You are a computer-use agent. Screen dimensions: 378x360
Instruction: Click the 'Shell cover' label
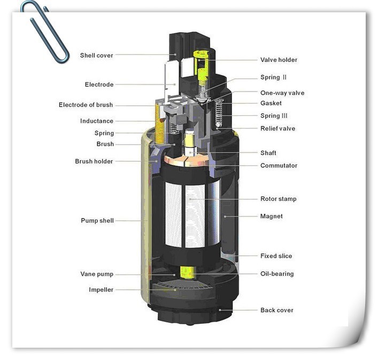tap(96, 56)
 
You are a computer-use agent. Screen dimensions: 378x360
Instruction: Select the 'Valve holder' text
tap(279, 60)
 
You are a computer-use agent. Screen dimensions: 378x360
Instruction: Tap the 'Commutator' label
tap(279, 166)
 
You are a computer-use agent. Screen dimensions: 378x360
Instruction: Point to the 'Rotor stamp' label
tap(279, 199)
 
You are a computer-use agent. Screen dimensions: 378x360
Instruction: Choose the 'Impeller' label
tap(101, 289)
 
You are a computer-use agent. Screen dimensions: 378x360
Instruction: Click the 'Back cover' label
tap(277, 310)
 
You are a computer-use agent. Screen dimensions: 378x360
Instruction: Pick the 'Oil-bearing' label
tap(277, 274)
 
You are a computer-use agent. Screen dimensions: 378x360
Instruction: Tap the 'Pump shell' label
tap(97, 221)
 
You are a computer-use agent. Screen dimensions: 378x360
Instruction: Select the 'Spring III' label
tap(274, 116)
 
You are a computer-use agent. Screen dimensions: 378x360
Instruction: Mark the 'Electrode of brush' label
tap(86, 105)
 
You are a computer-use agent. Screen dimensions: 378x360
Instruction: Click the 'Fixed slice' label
tap(276, 256)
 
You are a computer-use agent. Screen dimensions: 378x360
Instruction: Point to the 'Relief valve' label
tap(277, 128)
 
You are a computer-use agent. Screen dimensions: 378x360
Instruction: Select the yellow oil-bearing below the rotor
tap(187, 272)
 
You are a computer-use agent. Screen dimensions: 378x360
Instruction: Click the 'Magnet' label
tap(272, 216)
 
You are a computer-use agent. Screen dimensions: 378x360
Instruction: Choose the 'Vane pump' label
tap(97, 274)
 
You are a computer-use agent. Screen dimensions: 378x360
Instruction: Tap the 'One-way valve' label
tap(282, 93)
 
